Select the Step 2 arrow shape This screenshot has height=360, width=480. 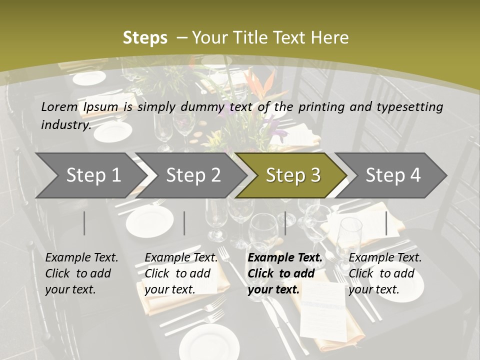click(x=193, y=175)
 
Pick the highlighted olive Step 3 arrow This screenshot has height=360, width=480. click(x=293, y=175)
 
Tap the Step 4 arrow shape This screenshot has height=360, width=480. click(x=393, y=175)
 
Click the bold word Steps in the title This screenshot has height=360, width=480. click(x=145, y=37)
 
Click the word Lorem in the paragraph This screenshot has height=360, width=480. click(x=59, y=106)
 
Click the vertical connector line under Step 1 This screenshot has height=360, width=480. click(x=84, y=223)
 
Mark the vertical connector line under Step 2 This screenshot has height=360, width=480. click(x=184, y=223)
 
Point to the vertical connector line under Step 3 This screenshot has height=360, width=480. click(x=285, y=223)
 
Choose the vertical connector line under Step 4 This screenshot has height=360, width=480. click(x=386, y=223)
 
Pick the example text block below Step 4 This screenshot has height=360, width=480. click(x=385, y=273)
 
